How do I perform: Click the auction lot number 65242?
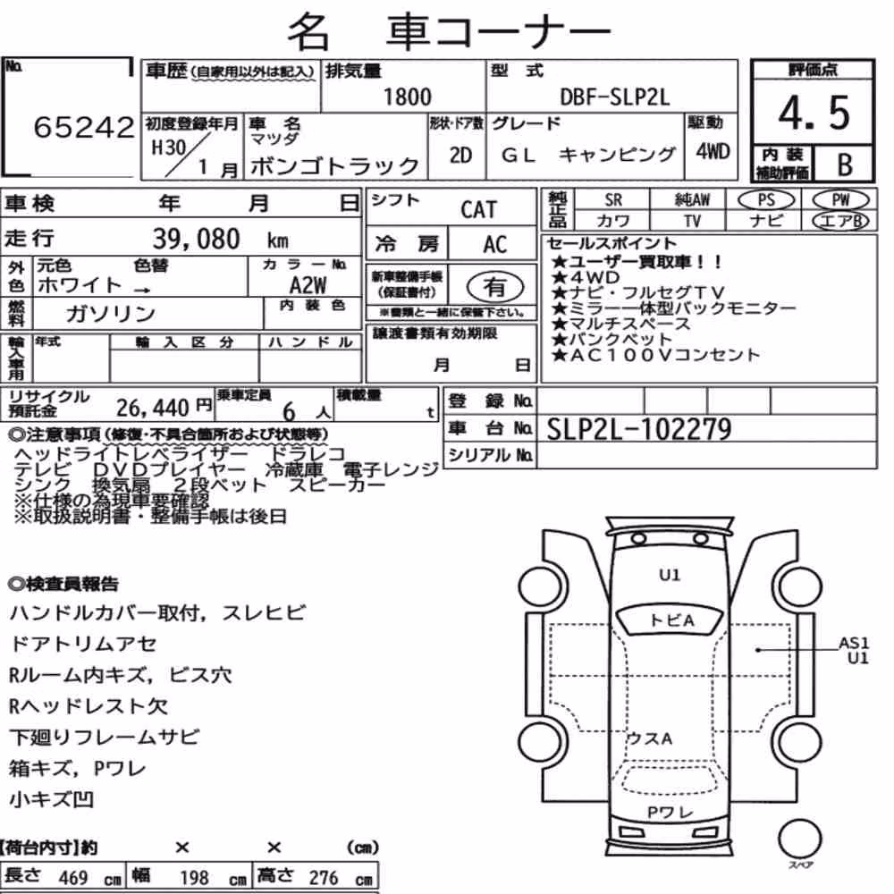click(84, 127)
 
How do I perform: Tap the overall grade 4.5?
click(814, 114)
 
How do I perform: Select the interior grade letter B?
click(845, 164)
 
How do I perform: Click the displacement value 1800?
click(407, 97)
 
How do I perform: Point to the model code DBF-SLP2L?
click(615, 97)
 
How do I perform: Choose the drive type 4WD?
click(713, 152)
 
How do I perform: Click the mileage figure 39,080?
click(196, 239)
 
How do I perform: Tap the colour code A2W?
click(308, 285)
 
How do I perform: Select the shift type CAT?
click(478, 210)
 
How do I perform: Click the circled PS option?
click(766, 200)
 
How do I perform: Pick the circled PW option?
click(841, 200)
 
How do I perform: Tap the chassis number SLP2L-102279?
click(638, 429)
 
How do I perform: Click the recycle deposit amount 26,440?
click(153, 408)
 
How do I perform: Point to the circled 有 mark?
click(495, 287)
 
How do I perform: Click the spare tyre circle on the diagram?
click(800, 839)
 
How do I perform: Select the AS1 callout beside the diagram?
click(854, 643)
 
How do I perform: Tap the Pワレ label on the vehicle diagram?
click(670, 812)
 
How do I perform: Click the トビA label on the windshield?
click(671, 620)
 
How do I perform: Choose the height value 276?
click(324, 878)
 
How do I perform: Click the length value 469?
click(73, 878)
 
